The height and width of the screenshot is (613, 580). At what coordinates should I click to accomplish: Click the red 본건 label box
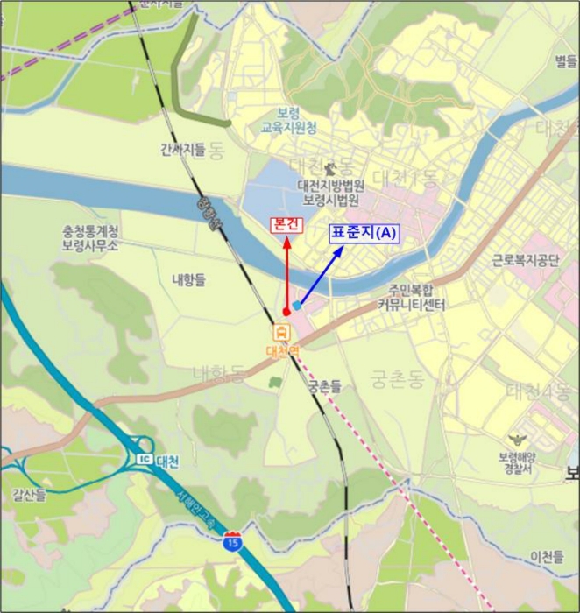pos(286,224)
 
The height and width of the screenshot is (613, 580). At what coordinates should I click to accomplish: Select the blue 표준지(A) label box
pos(364,233)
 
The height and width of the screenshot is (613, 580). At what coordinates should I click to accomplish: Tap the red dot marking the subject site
pos(286,311)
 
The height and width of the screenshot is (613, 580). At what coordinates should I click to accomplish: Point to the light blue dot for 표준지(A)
pos(298,305)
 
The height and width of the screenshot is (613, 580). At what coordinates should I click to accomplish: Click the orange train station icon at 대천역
pos(283,333)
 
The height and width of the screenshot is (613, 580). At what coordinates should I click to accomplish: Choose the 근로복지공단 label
pos(525,260)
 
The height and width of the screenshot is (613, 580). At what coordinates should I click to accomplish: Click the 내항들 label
pos(188,279)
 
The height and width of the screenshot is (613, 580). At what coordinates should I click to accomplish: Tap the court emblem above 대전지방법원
pos(330,168)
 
